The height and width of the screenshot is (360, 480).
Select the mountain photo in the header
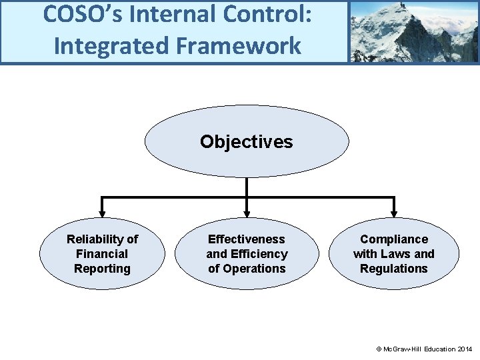click(413, 31)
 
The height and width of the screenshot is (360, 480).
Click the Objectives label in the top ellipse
click(246, 142)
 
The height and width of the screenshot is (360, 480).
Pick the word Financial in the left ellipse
click(102, 254)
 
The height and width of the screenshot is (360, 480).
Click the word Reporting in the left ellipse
click(102, 269)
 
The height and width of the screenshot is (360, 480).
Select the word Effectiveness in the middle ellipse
click(246, 239)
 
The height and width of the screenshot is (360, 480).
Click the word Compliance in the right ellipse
click(393, 239)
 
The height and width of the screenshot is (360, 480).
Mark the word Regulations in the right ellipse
click(393, 269)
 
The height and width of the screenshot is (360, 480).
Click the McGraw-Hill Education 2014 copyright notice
click(424, 349)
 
